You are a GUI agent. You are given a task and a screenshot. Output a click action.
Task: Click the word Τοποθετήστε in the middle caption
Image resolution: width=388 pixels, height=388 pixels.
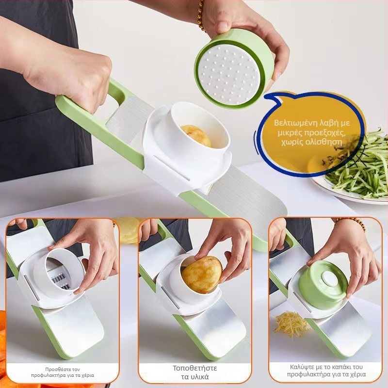click(x=195, y=368)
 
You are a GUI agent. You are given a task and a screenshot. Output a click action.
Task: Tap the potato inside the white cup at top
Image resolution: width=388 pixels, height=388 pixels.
click(x=196, y=136)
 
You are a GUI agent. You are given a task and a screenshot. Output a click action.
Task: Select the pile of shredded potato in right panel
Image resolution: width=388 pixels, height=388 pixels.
click(x=291, y=324)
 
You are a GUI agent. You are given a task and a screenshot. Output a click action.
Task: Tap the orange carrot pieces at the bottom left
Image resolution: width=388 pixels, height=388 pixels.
click(x=3, y=341)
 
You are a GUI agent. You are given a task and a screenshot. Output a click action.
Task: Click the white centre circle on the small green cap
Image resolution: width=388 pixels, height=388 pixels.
click(x=330, y=278)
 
